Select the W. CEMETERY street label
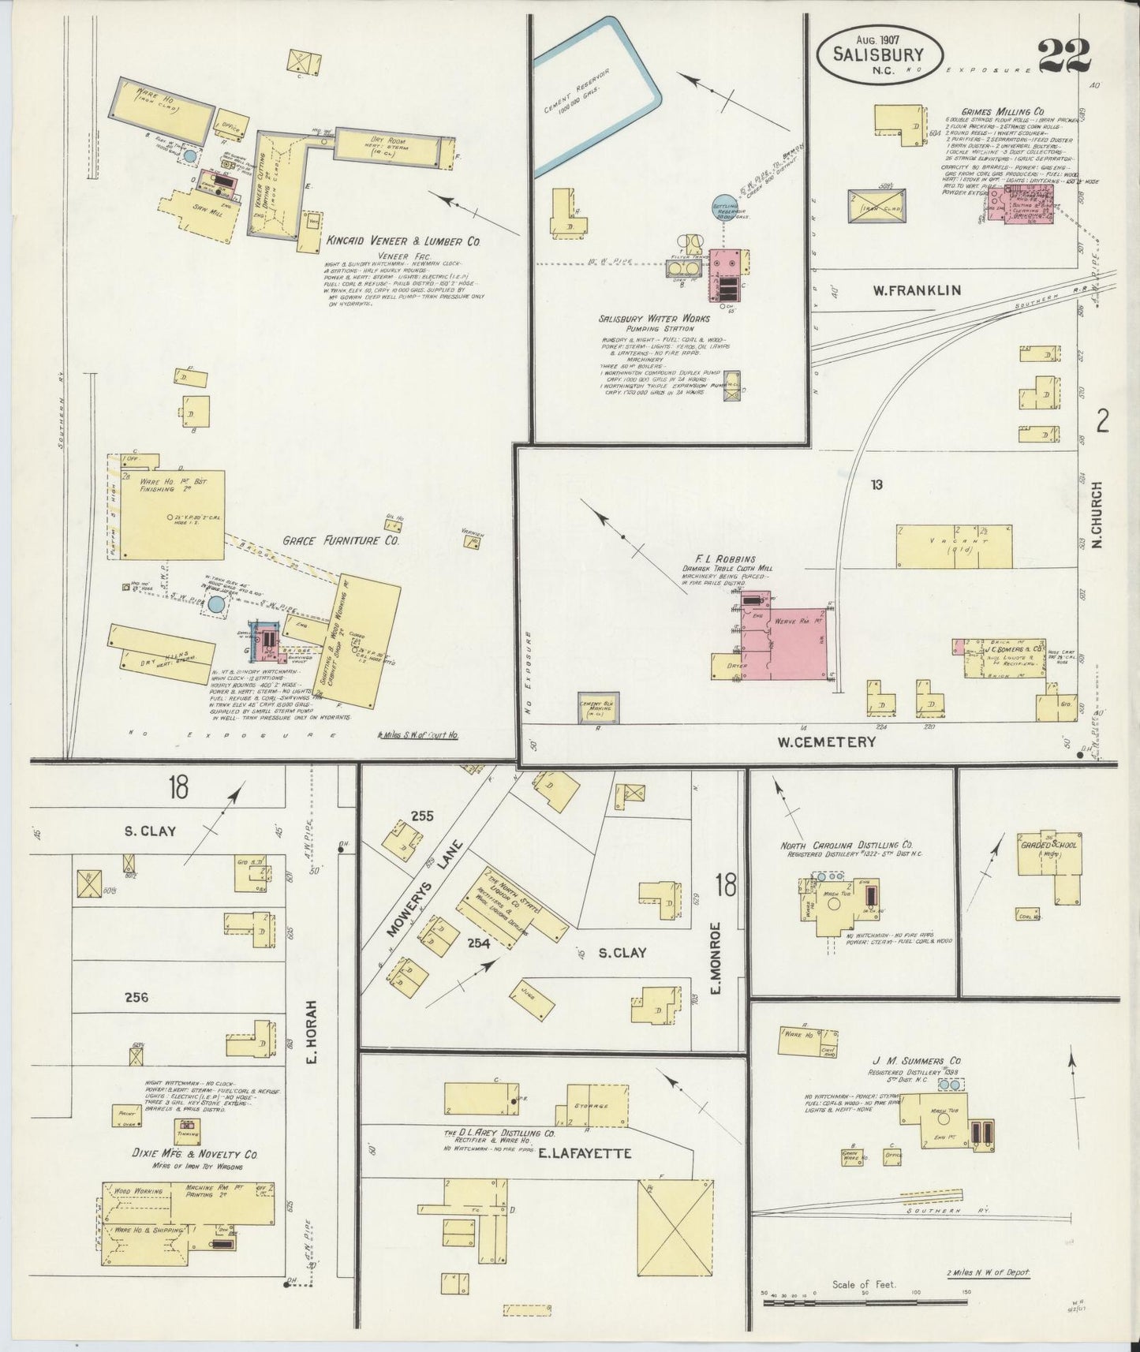[826, 741]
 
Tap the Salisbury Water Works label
[653, 319]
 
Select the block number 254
[478, 943]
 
